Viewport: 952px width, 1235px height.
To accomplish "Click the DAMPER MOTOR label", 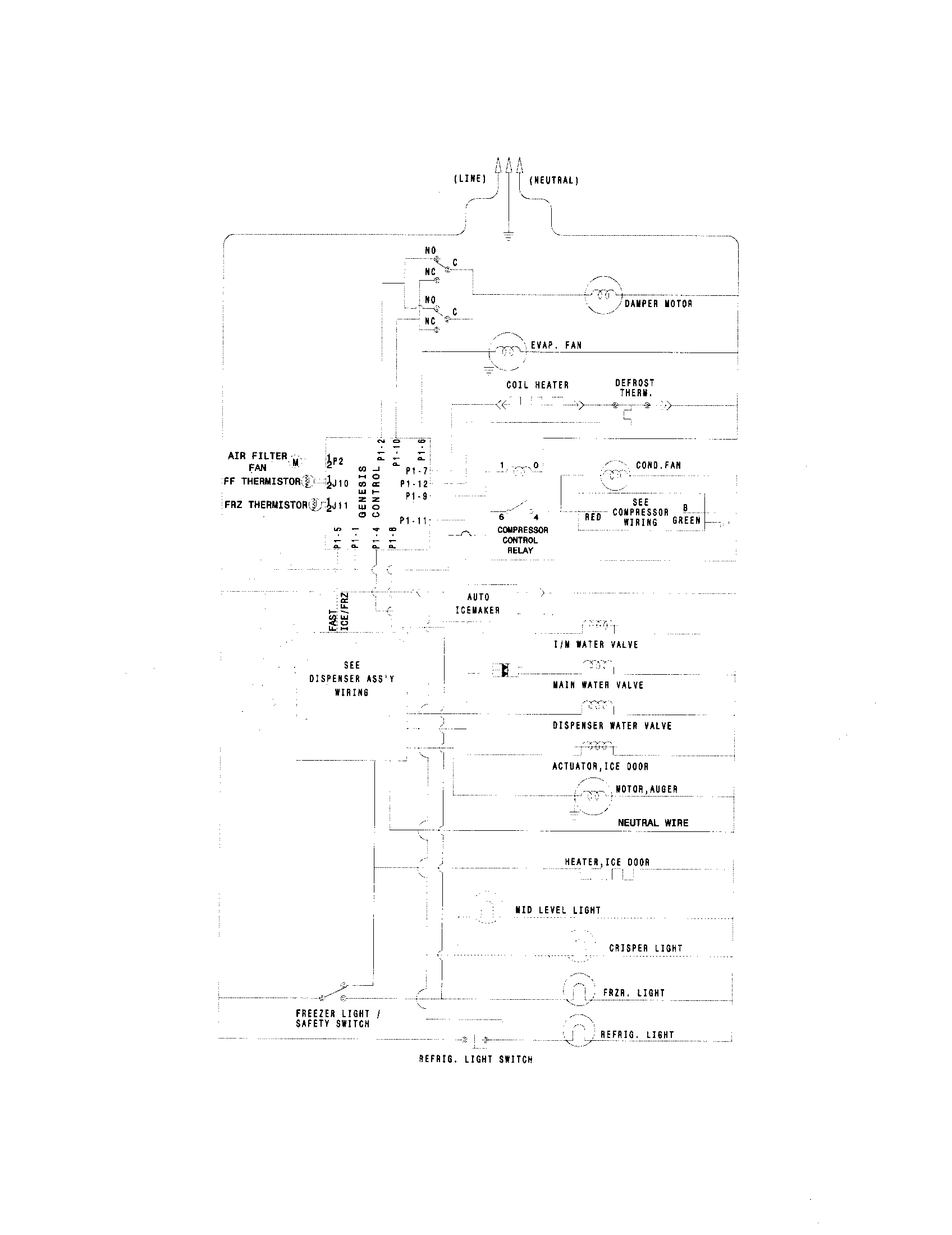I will point(658,304).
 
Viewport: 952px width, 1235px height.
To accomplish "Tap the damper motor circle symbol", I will point(603,295).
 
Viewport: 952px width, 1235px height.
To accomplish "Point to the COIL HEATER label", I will point(537,385).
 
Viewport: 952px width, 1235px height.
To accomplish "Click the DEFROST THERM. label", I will point(634,388).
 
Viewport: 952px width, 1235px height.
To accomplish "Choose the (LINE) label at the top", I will point(469,179).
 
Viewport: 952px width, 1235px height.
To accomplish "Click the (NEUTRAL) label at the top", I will point(553,180).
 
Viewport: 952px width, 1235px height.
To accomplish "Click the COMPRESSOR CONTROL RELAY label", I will point(522,540).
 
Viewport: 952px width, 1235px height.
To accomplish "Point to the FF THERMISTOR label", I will point(262,482).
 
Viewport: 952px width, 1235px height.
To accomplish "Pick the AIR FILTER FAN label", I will point(257,461).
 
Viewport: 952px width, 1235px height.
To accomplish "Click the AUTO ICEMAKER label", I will point(478,603).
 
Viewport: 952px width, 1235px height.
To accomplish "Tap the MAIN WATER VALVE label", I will point(598,685).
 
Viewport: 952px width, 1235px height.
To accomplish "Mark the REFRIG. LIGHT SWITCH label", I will point(475,1059).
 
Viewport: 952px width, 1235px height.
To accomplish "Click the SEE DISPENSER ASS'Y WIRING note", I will point(351,679).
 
